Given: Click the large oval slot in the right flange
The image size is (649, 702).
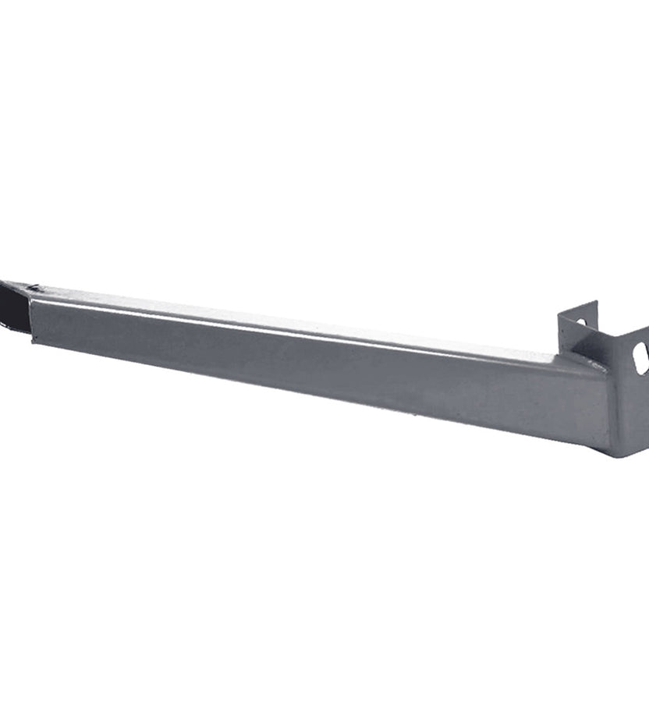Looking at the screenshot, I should pyautogui.click(x=640, y=357).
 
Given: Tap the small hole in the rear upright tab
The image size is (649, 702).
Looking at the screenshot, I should pyautogui.click(x=581, y=322).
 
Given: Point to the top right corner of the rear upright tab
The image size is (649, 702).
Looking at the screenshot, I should pyautogui.click(x=597, y=302).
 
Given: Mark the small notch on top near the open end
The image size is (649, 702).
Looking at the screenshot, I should pyautogui.click(x=33, y=289).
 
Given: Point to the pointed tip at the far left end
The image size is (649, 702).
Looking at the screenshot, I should pyautogui.click(x=2, y=282).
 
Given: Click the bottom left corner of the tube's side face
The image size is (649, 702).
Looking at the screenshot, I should pyautogui.click(x=31, y=341).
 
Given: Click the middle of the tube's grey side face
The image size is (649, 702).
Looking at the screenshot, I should pyautogui.click(x=312, y=367).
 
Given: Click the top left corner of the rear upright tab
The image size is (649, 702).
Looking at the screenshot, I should pyautogui.click(x=559, y=314).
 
